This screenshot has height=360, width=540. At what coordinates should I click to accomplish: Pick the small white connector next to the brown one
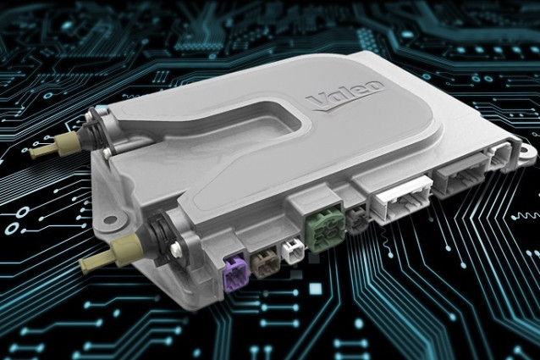pos(293,252)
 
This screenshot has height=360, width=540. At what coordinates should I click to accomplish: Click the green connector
pos(325,227)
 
